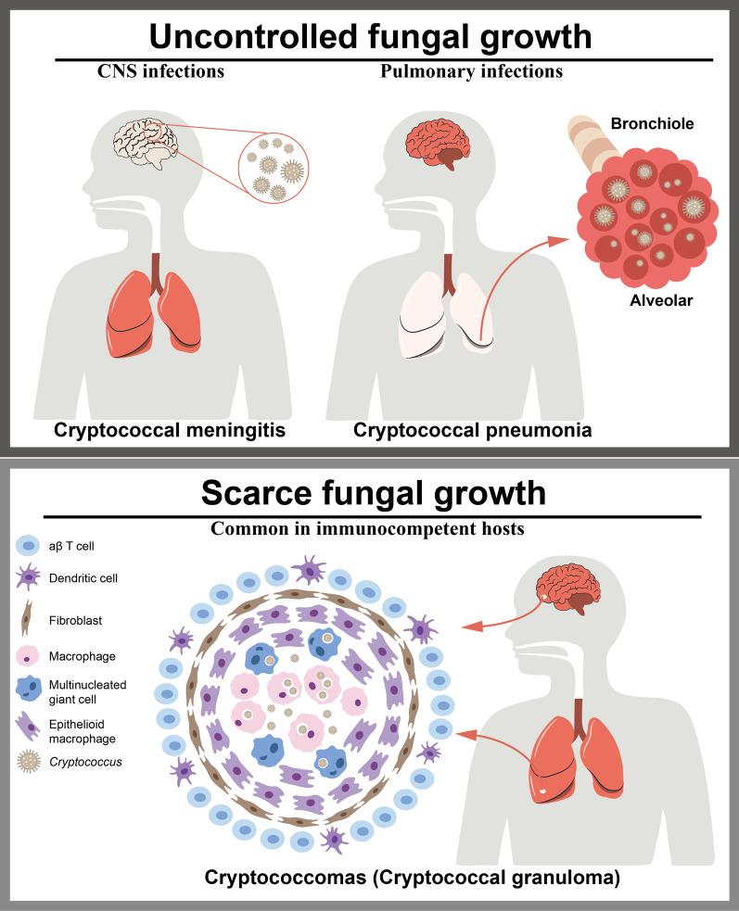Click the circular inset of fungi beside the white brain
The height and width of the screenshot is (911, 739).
274,171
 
